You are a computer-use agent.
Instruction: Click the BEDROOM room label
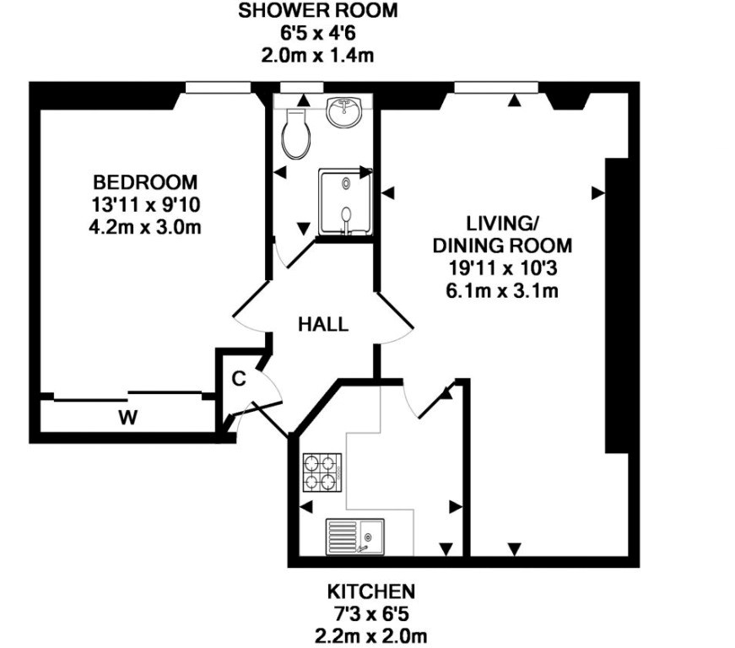(x=145, y=181)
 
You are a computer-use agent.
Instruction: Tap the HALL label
(x=323, y=324)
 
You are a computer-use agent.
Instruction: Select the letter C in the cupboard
(x=239, y=379)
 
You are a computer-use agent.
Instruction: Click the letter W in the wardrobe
(x=127, y=417)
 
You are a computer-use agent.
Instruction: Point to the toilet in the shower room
(x=296, y=134)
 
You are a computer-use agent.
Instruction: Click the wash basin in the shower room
(x=344, y=111)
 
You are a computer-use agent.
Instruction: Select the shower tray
(x=345, y=202)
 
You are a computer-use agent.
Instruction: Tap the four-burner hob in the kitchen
(x=322, y=472)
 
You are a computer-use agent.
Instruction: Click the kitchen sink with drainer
(x=355, y=537)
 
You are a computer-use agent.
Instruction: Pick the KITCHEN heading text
(x=370, y=591)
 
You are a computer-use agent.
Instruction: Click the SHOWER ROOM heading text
(x=318, y=10)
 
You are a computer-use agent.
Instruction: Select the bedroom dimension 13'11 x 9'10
(x=145, y=205)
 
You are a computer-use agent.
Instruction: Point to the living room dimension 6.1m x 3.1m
(x=502, y=291)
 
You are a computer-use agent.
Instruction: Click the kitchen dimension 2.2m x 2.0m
(x=370, y=636)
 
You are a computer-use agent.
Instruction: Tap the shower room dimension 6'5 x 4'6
(x=318, y=33)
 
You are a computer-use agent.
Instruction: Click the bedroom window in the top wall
(x=218, y=88)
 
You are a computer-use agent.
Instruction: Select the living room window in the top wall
(x=496, y=88)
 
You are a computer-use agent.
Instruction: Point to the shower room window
(x=301, y=88)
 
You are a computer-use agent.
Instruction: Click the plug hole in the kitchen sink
(x=369, y=536)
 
